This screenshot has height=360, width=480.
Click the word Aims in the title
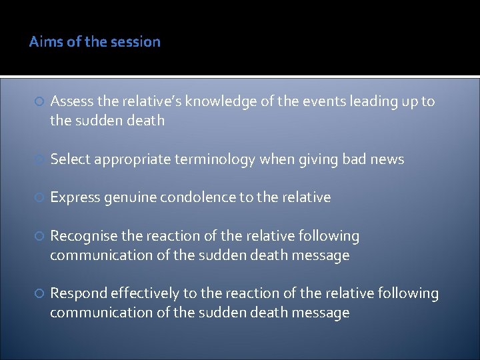point(44,42)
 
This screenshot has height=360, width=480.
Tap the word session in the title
point(137,42)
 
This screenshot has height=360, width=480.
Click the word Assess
point(72,101)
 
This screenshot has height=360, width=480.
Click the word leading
point(375,101)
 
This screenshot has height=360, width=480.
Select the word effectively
point(145,293)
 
